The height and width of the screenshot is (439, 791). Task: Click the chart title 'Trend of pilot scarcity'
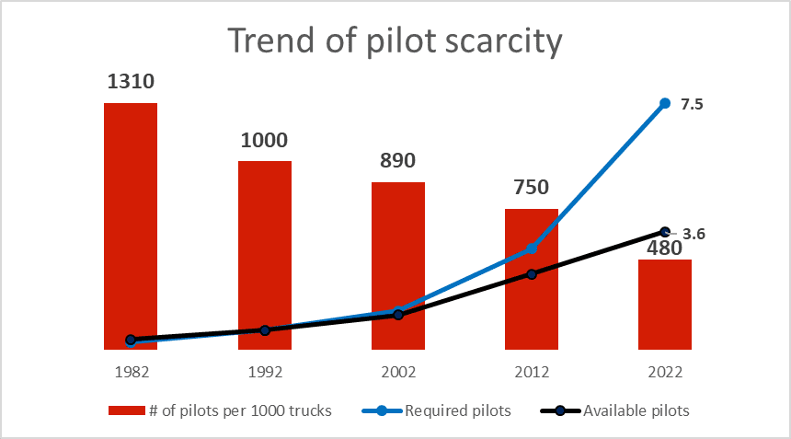click(395, 41)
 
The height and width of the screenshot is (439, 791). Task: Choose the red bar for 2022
click(665, 304)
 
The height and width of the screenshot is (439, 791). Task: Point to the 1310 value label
click(131, 82)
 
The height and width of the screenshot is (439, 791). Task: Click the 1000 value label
click(265, 141)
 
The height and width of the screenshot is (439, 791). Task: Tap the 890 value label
click(398, 160)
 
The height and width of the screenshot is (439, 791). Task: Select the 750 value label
click(532, 188)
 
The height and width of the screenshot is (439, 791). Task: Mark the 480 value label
click(664, 248)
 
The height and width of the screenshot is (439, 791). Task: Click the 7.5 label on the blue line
click(692, 105)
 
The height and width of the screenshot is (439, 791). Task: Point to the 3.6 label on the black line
click(694, 235)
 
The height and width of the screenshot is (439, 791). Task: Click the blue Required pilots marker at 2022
click(665, 103)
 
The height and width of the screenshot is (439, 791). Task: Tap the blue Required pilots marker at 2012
click(532, 248)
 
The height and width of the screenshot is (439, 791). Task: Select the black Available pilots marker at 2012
click(532, 274)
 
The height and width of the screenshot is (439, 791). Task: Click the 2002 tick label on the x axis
click(398, 373)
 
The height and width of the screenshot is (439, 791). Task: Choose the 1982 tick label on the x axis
click(131, 373)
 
